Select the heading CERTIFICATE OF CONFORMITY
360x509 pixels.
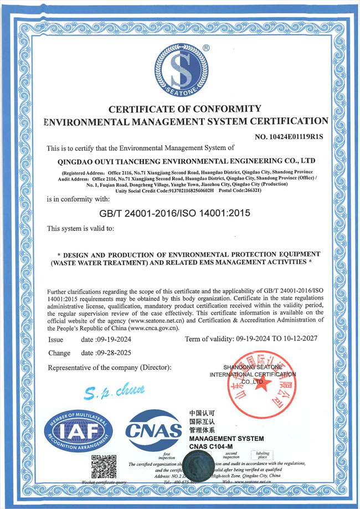(184, 109)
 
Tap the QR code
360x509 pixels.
(104, 467)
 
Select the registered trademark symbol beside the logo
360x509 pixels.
(206, 48)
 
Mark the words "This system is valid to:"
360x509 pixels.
(80, 228)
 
